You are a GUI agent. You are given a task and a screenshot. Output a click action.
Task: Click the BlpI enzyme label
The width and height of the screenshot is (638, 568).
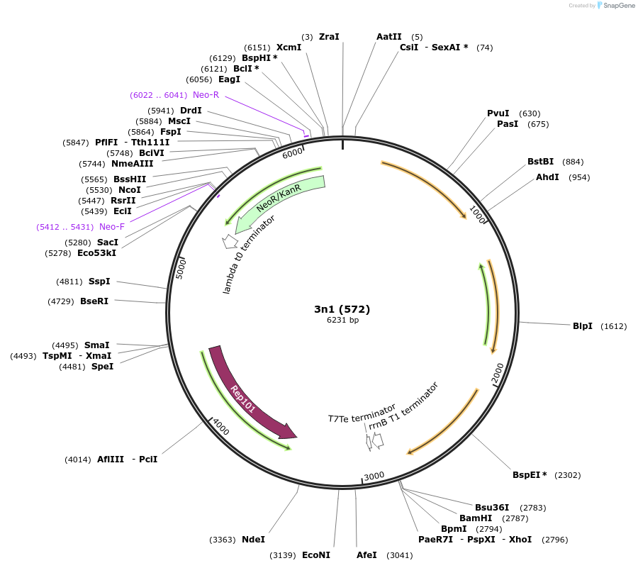point(582,326)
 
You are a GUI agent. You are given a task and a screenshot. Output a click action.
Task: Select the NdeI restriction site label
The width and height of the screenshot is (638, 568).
point(253,540)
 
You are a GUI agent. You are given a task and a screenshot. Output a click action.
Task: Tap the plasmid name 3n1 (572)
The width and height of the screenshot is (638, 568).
point(342,309)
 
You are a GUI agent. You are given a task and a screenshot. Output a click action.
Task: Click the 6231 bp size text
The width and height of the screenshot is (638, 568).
point(342,321)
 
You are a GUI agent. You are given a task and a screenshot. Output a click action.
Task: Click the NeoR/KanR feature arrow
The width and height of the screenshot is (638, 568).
point(279,200)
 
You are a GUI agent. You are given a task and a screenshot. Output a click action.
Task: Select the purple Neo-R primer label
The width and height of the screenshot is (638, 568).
point(206,95)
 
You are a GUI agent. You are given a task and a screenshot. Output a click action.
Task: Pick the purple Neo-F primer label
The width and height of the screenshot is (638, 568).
point(112,227)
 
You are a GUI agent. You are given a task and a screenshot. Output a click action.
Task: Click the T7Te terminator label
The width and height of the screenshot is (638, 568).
point(361,414)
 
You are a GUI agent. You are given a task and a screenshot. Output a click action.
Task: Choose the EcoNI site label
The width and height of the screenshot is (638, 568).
point(316,555)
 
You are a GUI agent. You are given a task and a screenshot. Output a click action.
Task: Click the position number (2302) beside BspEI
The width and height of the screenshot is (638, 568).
point(567,475)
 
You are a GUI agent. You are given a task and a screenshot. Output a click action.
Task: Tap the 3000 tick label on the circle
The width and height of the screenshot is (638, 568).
point(374,475)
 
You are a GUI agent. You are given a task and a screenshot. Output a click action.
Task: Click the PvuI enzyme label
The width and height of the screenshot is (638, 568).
point(498,113)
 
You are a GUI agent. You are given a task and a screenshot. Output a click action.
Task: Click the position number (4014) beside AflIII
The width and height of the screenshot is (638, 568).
point(78,460)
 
